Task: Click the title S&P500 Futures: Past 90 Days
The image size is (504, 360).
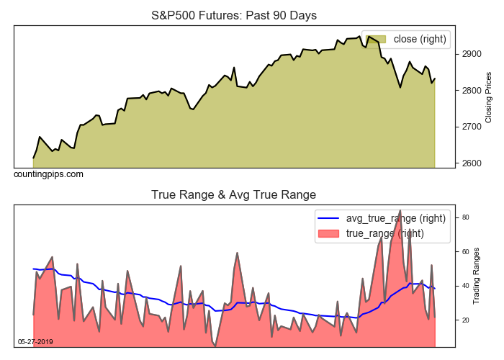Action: click(x=233, y=15)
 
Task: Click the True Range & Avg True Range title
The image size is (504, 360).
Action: click(x=233, y=194)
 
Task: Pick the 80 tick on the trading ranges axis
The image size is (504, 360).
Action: click(x=466, y=217)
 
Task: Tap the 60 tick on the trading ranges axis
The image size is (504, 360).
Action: click(x=466, y=252)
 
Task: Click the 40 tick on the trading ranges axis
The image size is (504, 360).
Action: click(x=466, y=286)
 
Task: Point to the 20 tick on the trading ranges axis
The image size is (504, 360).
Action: click(x=466, y=320)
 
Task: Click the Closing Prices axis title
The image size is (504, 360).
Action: click(x=489, y=97)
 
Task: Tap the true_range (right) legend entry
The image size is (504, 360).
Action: click(x=385, y=233)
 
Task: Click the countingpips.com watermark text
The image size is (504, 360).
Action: click(x=48, y=174)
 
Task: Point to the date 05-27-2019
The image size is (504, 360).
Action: click(x=35, y=341)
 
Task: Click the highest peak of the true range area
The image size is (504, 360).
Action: click(x=400, y=211)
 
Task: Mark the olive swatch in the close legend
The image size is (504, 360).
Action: click(x=377, y=39)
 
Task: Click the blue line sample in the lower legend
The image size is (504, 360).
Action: click(x=329, y=218)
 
